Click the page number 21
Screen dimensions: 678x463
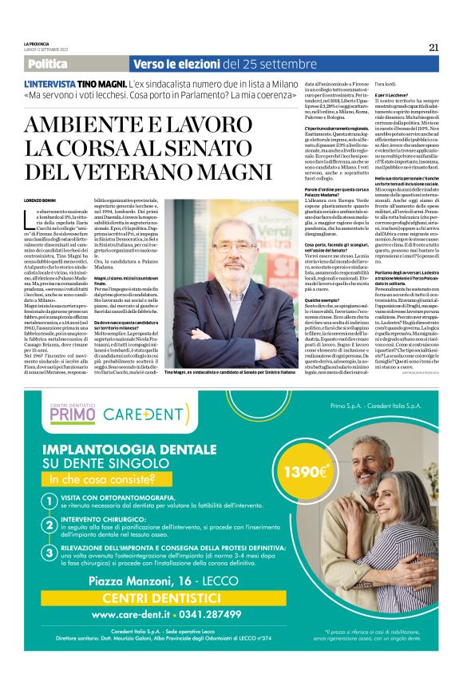433,47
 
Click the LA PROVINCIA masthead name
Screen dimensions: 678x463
37,42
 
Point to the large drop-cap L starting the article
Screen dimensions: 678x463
30,220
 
